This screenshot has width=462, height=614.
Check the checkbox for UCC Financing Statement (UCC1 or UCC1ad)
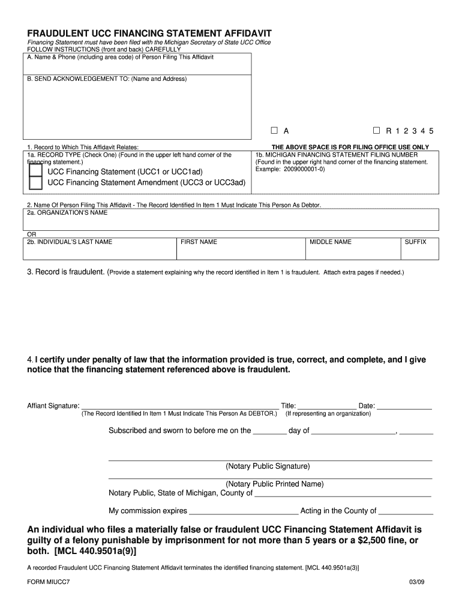tap(36, 171)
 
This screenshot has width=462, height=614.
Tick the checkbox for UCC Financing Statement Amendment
tap(36, 183)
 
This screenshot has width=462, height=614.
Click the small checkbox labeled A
tap(274, 130)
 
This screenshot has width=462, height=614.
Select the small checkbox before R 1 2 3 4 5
tap(376, 130)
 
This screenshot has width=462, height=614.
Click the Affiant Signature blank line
tap(179, 407)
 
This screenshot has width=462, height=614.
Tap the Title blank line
tap(326, 407)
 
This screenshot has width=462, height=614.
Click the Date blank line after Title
tap(404, 407)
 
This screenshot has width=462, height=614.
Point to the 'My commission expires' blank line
tap(244, 512)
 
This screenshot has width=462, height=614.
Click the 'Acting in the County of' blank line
tap(406, 512)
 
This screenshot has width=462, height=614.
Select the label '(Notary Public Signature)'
tap(268, 466)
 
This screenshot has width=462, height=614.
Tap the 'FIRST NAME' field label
tap(199, 242)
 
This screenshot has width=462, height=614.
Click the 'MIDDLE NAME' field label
tap(330, 242)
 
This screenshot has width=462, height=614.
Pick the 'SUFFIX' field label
tap(415, 242)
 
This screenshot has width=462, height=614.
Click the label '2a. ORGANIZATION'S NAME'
tap(68, 212)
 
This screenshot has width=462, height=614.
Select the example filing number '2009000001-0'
tap(302, 169)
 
